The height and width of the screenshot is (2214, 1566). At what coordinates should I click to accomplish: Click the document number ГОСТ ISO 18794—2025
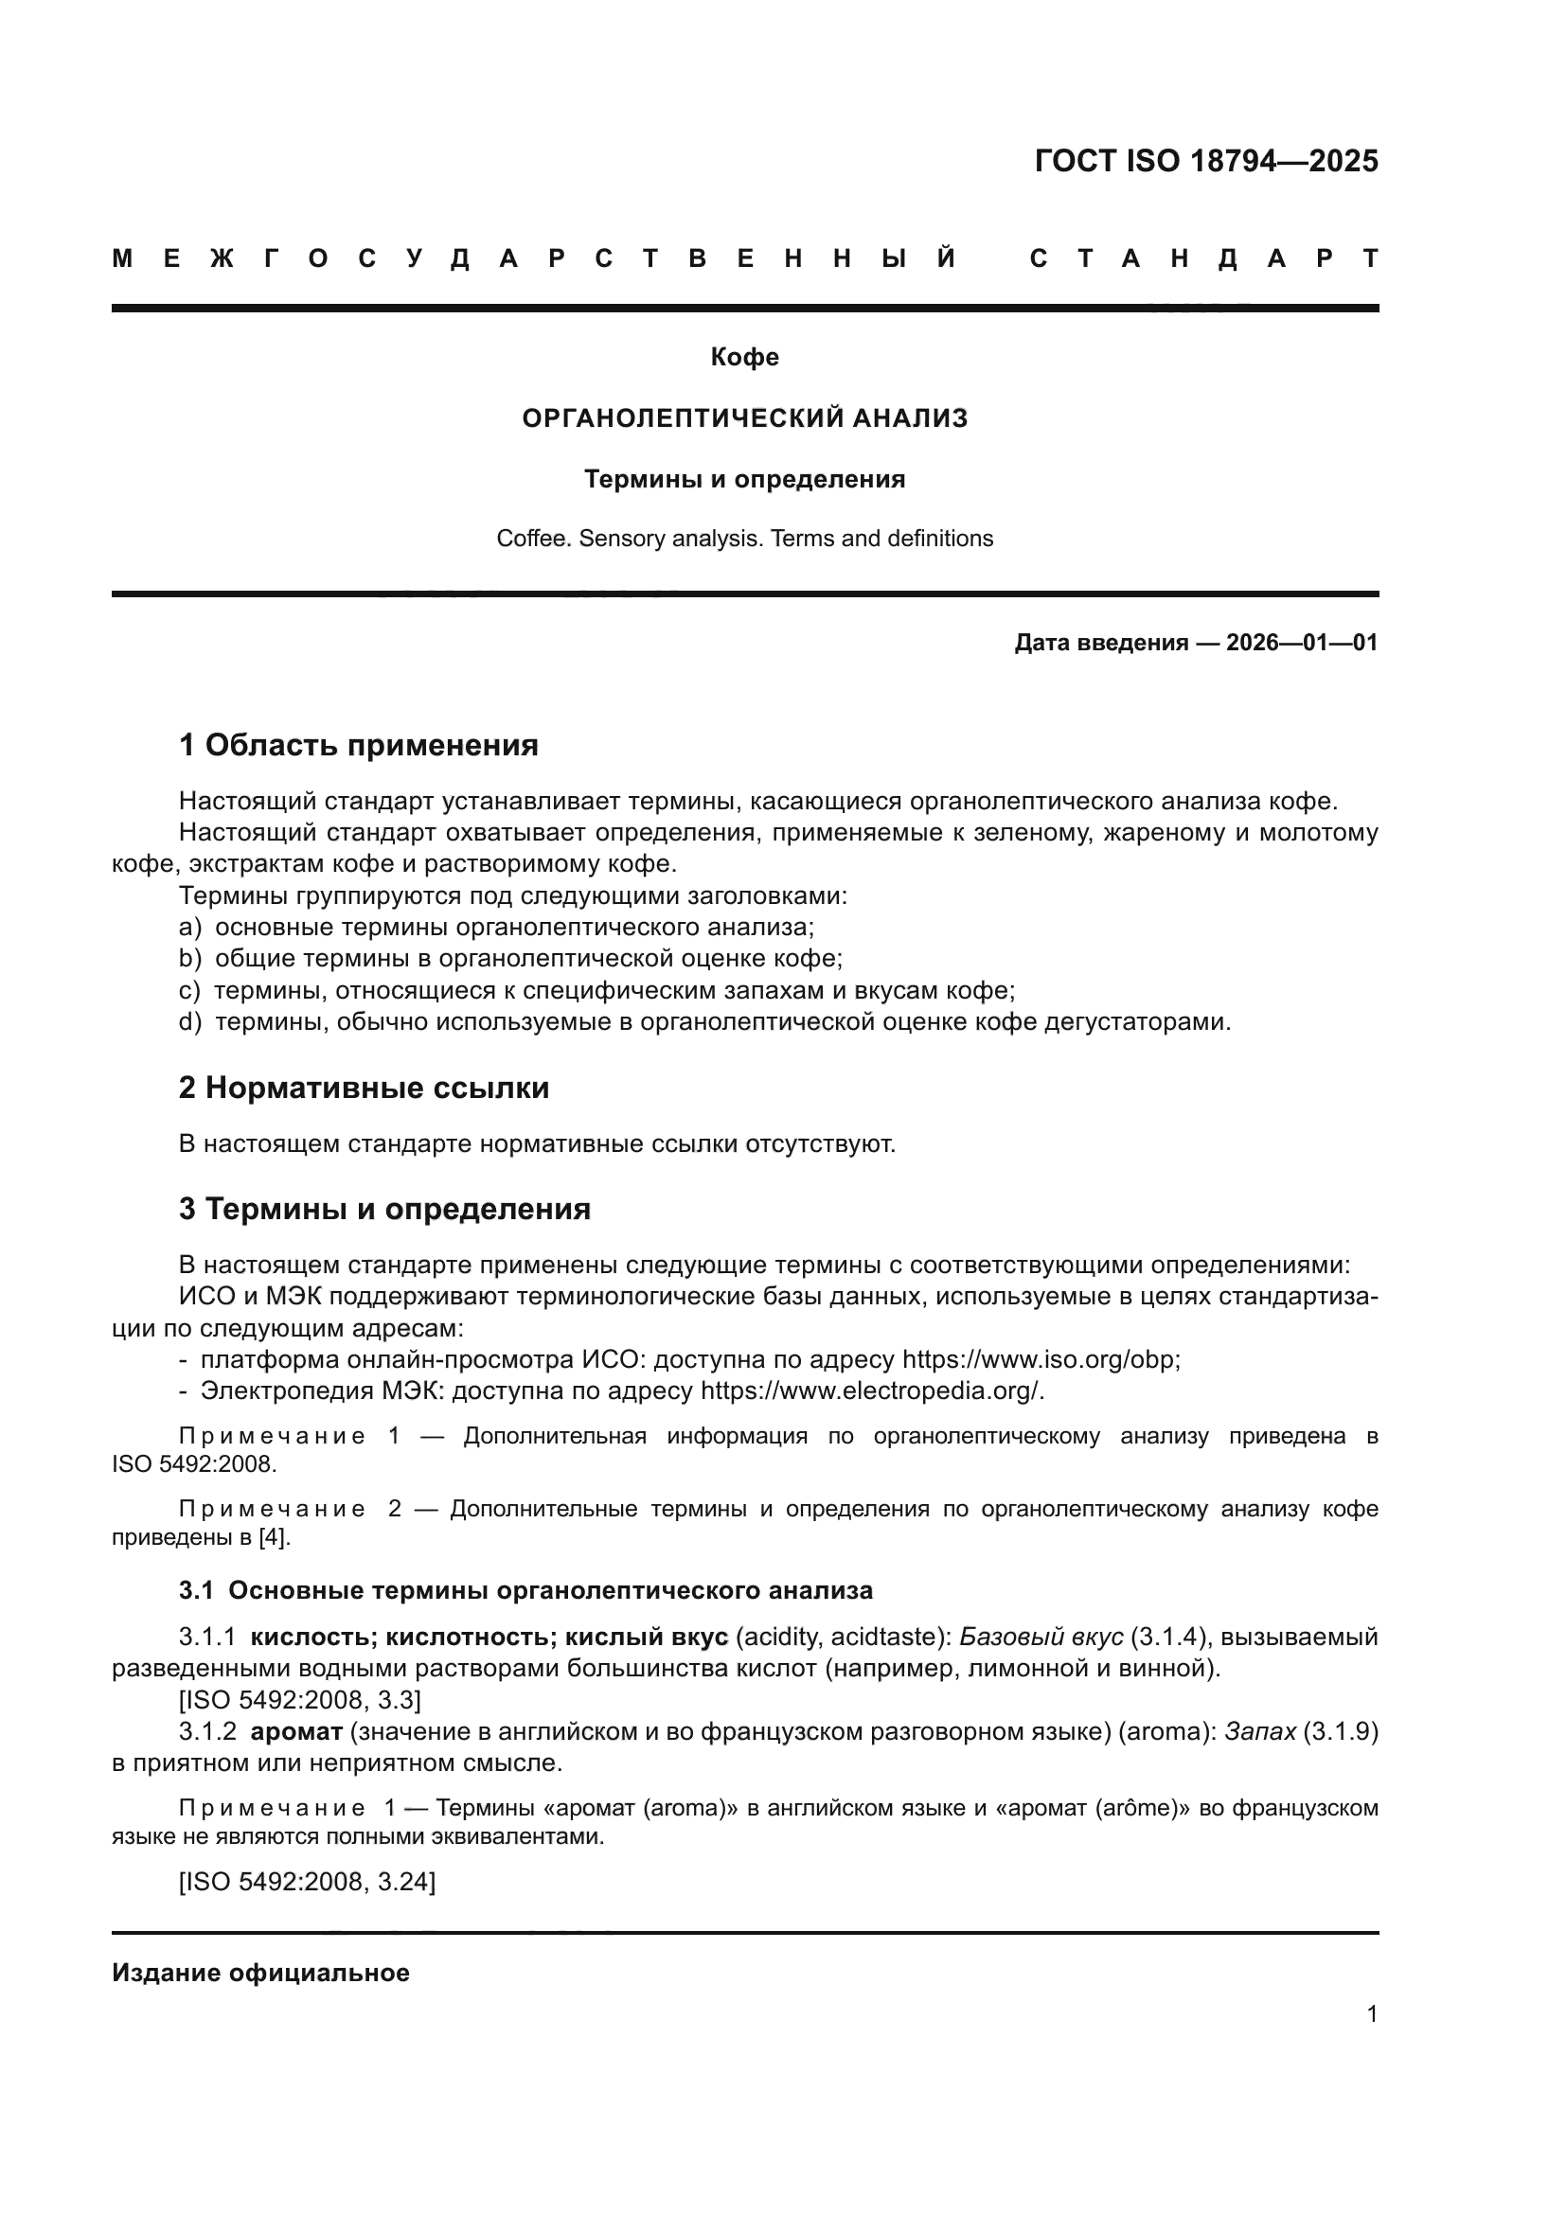pos(1205,161)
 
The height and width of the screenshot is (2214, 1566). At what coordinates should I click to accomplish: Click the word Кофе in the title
pos(744,358)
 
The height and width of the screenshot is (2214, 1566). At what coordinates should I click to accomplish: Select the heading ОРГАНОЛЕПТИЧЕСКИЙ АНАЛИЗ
pos(744,418)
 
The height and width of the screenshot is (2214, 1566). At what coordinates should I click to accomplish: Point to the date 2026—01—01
pos(1302,643)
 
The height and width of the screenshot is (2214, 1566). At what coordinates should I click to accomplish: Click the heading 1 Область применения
pos(358,745)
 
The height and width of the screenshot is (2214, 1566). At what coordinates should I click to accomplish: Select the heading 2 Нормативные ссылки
pos(364,1088)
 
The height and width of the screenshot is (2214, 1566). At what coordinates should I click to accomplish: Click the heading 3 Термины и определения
pos(383,1209)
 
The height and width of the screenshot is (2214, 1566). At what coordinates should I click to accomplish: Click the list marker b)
pos(190,960)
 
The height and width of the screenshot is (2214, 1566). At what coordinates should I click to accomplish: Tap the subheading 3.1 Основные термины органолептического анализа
pos(525,1590)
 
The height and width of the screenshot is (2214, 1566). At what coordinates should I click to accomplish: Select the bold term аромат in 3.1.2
pos(296,1732)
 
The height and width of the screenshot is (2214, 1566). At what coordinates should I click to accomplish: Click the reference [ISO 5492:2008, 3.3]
pos(299,1700)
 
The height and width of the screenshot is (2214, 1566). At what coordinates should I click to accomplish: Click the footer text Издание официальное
pos(260,1973)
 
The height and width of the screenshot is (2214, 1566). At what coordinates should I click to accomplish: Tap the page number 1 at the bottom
pos(1371,2013)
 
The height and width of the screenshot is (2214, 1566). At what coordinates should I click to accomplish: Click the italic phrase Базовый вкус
pos(1041,1638)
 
